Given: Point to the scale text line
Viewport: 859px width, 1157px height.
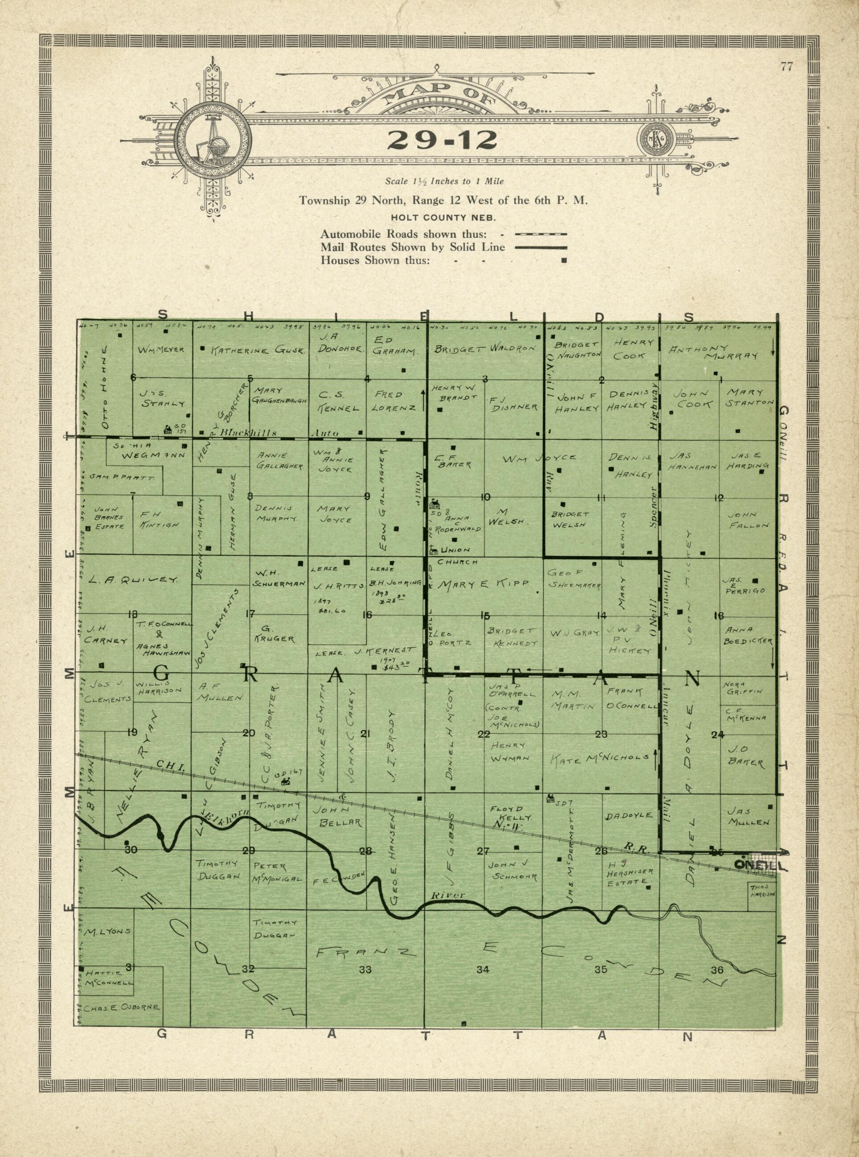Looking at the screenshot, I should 444,182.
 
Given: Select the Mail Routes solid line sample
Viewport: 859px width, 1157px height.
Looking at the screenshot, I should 540,248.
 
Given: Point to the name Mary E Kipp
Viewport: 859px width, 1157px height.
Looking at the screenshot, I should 483,584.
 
